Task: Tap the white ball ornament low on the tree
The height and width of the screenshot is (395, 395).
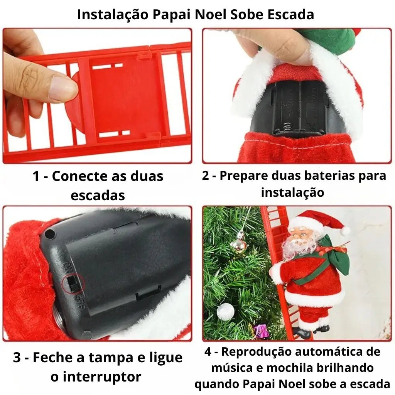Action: click(225, 311)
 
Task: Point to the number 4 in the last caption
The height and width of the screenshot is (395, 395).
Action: click(208, 352)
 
